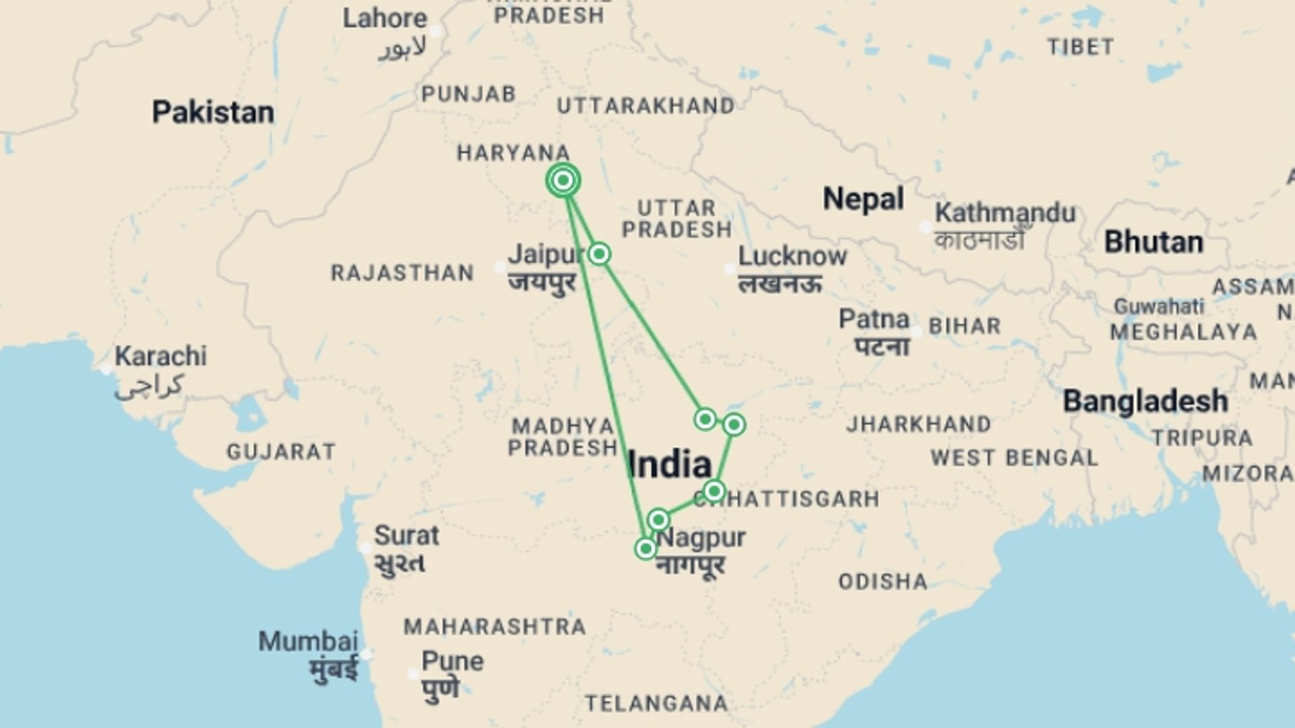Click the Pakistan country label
[x=212, y=112]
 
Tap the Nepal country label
[x=863, y=199]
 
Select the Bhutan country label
[x=1153, y=242]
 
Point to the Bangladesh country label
[x=1145, y=401]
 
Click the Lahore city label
[x=384, y=18]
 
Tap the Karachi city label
[x=161, y=356]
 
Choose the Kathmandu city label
[x=1004, y=213]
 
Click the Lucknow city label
[x=793, y=256]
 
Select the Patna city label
[x=874, y=319]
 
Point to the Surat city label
[x=406, y=536]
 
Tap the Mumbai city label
[x=308, y=641]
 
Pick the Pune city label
[x=453, y=661]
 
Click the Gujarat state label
[x=281, y=452]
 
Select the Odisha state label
[x=883, y=582]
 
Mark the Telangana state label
[x=656, y=704]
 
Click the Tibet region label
[x=1081, y=47]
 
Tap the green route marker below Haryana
[x=563, y=180]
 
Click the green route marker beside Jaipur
[x=599, y=254]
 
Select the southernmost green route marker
[x=645, y=549]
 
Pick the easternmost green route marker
[x=734, y=425]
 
